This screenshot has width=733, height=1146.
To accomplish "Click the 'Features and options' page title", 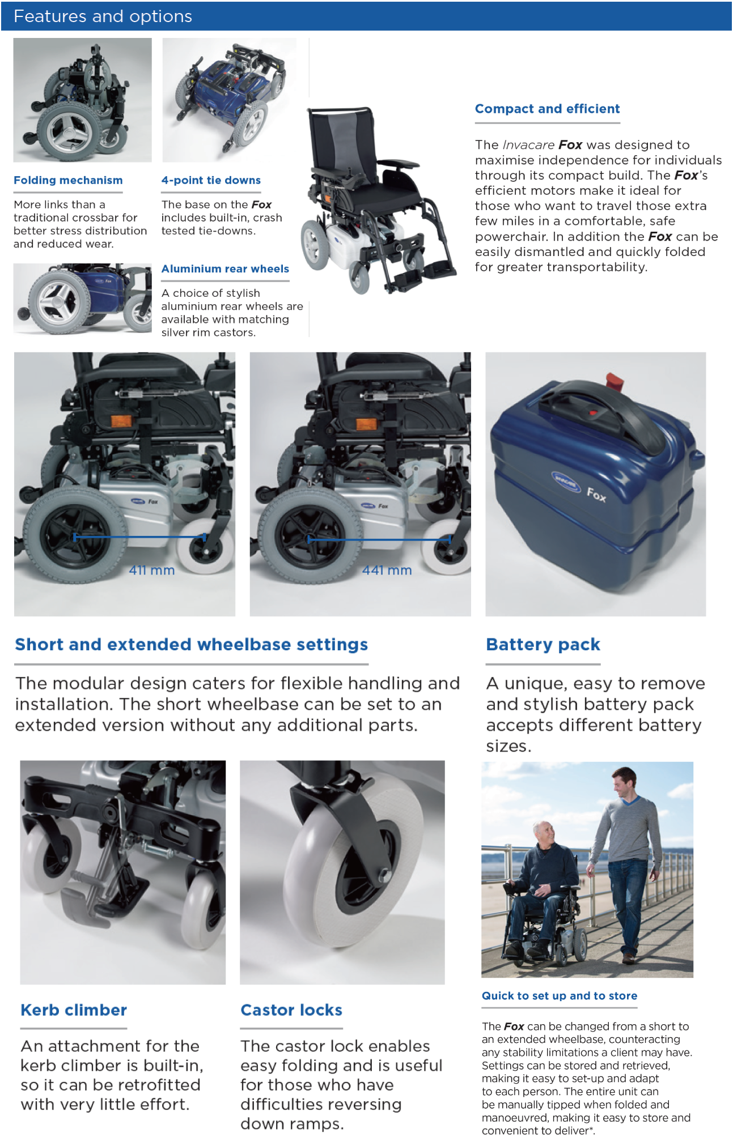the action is tap(103, 16).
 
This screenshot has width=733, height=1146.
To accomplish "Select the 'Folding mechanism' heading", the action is tap(68, 180).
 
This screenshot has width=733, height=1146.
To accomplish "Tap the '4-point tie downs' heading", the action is tap(211, 180).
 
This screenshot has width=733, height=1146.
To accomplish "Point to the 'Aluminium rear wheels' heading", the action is tap(225, 269).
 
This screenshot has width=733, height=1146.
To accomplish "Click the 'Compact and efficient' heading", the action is tap(547, 109).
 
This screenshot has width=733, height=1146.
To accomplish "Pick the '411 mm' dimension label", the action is tap(152, 570).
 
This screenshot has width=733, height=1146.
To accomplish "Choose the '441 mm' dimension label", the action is tap(387, 570).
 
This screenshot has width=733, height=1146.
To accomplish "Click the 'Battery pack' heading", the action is tap(543, 645).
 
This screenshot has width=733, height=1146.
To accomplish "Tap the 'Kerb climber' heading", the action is tap(74, 1010).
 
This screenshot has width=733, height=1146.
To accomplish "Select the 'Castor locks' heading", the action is tap(291, 1010).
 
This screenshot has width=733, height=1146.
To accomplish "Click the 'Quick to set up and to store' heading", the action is tap(560, 996).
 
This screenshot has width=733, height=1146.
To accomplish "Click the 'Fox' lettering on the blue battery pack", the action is tap(596, 495).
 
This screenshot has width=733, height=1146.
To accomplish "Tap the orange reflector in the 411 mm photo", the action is tap(121, 421).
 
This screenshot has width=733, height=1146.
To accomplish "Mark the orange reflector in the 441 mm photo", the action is tap(365, 424).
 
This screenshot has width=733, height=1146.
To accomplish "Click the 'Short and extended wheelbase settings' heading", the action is tap(191, 645).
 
